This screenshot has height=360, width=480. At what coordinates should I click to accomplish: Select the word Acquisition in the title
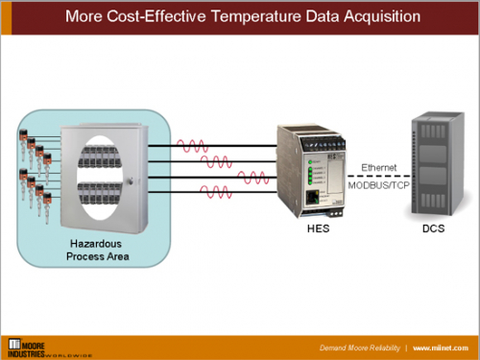[x=374, y=16]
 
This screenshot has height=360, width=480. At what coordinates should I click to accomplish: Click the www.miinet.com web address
[x=443, y=346]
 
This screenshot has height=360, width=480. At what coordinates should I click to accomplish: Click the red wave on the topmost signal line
[x=194, y=147]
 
